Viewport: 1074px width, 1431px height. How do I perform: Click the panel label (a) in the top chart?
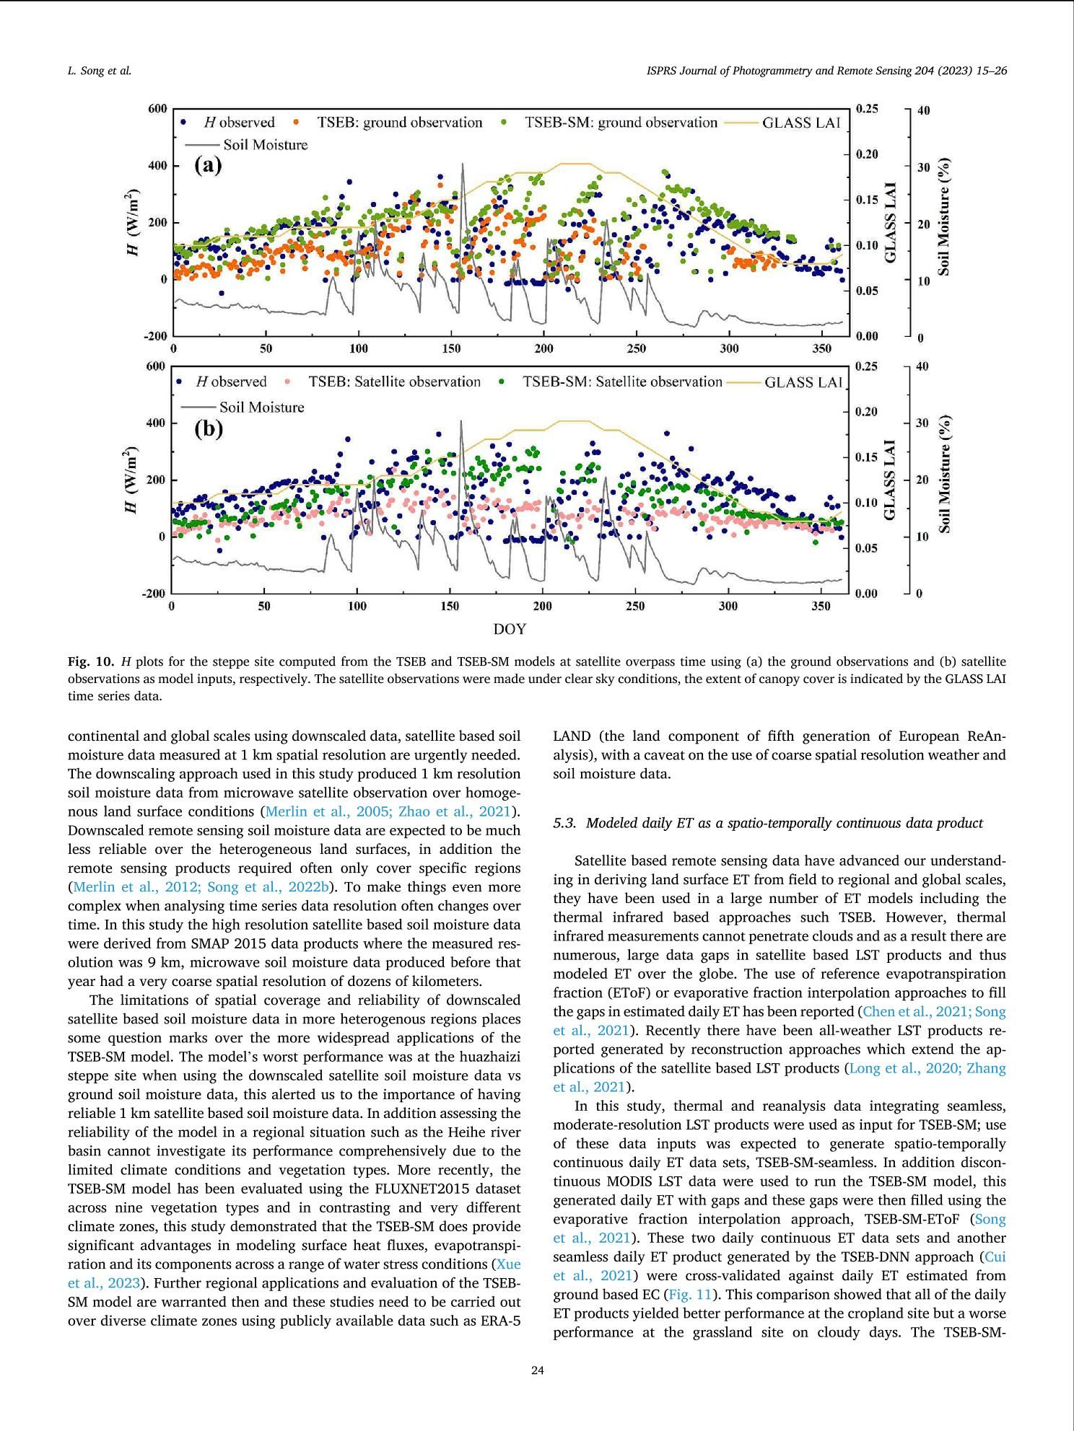208,166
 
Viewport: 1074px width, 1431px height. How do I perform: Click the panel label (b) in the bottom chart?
209,428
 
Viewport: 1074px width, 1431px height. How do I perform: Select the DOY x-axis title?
510,629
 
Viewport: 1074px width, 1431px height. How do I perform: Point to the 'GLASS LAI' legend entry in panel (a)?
801,123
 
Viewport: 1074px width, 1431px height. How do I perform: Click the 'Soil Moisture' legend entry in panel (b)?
261,408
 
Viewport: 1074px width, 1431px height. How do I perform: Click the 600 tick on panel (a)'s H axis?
157,109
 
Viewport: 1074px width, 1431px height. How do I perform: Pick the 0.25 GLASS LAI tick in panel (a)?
867,109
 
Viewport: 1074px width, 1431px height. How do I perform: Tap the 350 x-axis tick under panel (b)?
821,607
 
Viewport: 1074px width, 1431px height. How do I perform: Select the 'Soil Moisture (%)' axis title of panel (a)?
943,216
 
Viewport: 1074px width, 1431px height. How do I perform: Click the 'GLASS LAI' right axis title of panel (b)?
890,480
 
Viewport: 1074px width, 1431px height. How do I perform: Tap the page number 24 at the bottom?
537,1370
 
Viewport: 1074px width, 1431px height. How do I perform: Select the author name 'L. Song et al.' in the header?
99,71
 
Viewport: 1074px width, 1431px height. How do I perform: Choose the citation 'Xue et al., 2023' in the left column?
508,1264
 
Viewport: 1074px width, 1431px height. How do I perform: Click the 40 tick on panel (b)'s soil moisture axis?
923,366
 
